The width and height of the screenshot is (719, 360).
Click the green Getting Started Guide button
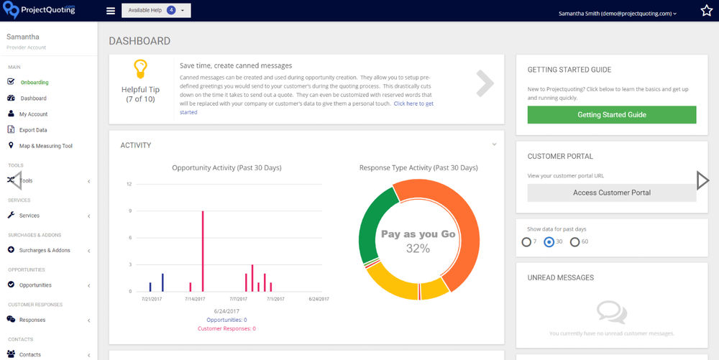pyautogui.click(x=611, y=115)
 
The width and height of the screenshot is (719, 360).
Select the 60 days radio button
pyautogui.click(x=574, y=242)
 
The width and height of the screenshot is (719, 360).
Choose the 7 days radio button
pyautogui.click(x=527, y=242)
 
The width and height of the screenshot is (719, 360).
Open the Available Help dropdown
pyautogui.click(x=156, y=11)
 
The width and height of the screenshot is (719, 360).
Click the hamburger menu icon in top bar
pyautogui.click(x=110, y=11)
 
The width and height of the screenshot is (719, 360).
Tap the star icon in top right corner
pyautogui.click(x=706, y=11)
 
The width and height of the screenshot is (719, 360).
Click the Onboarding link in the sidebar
pyautogui.click(x=35, y=83)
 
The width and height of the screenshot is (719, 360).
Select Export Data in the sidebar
pyautogui.click(x=33, y=130)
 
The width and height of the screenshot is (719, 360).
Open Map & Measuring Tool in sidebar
pyautogui.click(x=45, y=146)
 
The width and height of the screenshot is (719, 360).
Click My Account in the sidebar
pyautogui.click(x=33, y=114)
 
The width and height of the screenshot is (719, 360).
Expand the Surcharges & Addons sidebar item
pyautogui.click(x=45, y=250)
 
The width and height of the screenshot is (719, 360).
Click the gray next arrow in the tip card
pyautogui.click(x=485, y=83)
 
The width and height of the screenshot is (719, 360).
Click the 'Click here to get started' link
pyautogui.click(x=413, y=103)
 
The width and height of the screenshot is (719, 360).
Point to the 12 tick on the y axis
pyautogui.click(x=129, y=184)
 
